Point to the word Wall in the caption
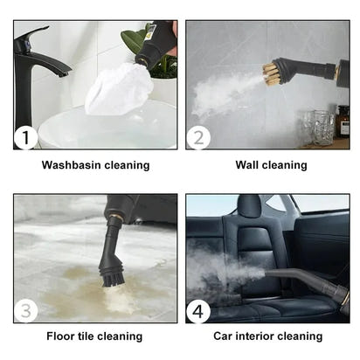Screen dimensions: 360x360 (248, 164)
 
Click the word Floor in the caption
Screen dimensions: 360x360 (62, 336)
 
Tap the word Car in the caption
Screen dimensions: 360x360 (223, 336)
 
